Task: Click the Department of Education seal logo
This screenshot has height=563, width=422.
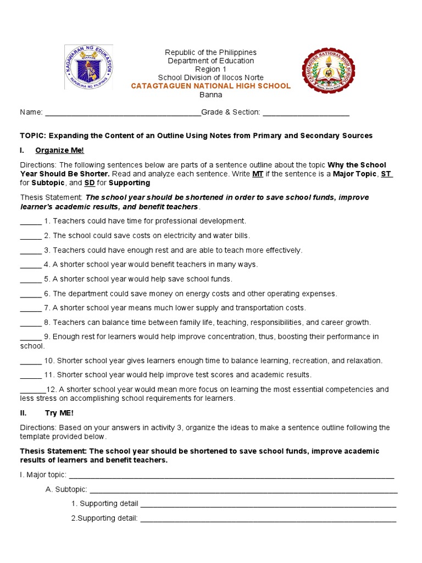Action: (89, 68)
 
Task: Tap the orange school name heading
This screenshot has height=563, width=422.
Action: (210, 86)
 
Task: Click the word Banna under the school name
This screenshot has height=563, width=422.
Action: (210, 95)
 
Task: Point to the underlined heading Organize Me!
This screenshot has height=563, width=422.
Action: (59, 150)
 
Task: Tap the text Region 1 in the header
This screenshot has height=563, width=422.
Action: (210, 69)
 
